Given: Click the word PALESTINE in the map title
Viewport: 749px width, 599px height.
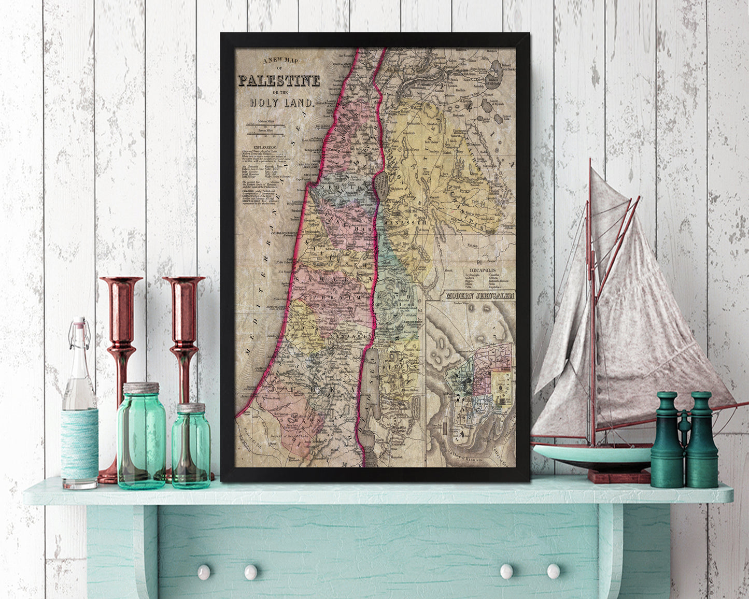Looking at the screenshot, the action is pyautogui.click(x=279, y=81).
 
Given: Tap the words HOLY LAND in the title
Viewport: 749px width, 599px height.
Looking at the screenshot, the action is pyautogui.click(x=281, y=102).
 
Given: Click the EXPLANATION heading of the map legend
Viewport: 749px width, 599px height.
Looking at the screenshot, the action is pyautogui.click(x=262, y=147).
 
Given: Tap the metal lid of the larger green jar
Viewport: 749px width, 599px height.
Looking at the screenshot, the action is pyautogui.click(x=141, y=388).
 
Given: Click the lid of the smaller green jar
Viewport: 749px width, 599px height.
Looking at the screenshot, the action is pyautogui.click(x=191, y=407).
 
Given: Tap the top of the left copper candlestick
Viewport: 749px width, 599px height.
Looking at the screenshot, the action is pyautogui.click(x=121, y=282).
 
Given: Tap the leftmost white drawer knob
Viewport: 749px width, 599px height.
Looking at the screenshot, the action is pyautogui.click(x=204, y=572).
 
